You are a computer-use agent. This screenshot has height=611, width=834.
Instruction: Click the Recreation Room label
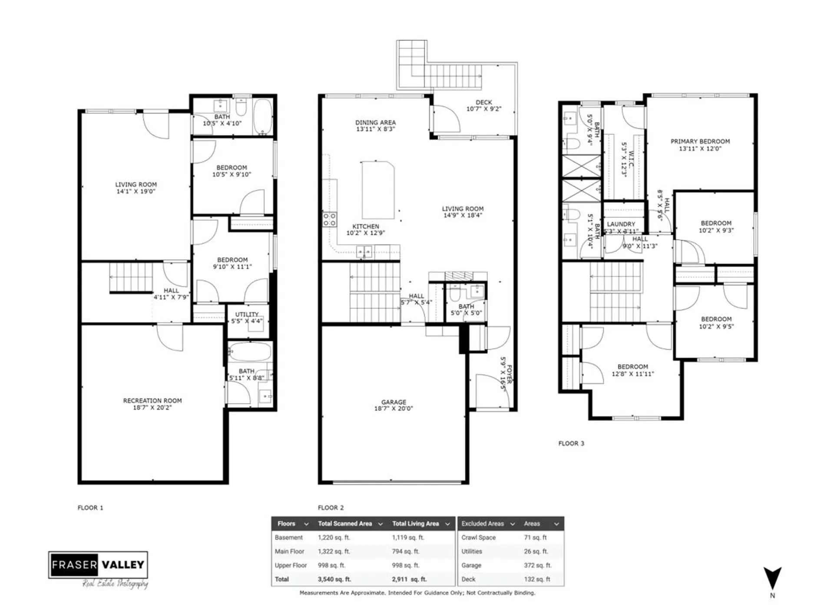152,400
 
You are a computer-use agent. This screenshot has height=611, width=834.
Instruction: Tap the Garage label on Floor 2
394,402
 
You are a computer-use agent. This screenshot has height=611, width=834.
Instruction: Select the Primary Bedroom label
700,141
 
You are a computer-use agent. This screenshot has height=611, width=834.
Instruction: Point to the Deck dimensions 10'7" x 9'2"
483,109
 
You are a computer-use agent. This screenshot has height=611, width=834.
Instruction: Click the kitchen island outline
378,189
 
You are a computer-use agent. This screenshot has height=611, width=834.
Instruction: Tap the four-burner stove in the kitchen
329,219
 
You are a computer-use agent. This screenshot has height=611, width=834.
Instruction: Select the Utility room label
247,314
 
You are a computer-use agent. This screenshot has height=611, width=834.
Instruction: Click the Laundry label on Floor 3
621,224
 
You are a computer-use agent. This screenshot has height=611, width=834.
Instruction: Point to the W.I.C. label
631,159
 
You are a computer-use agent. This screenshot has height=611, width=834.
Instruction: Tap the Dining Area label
375,123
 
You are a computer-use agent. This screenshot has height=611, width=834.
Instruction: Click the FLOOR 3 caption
571,443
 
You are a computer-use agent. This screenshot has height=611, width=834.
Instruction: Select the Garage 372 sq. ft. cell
537,565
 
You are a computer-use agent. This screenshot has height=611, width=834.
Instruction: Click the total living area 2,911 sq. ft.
409,579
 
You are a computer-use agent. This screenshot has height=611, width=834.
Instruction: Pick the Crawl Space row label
478,538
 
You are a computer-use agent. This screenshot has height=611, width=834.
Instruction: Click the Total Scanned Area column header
345,524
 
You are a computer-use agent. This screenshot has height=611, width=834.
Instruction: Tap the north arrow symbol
772,578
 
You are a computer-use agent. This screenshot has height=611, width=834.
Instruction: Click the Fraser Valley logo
98,565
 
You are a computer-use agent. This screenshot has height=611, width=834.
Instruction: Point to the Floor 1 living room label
136,184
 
